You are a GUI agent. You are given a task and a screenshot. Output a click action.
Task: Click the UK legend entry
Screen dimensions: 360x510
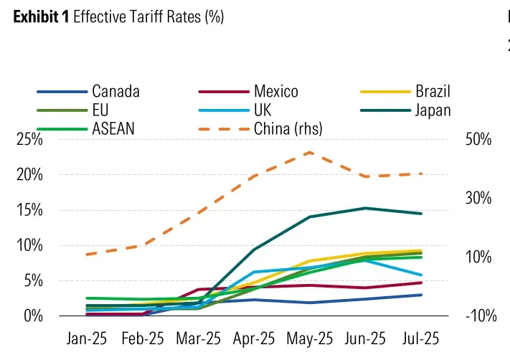pos(263,110)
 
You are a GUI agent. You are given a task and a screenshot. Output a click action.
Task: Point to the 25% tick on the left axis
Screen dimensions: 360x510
pos(29,140)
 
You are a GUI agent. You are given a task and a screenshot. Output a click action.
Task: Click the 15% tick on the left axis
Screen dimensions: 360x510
pos(29,210)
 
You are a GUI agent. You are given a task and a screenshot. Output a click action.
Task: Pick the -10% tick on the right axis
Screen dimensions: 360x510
pos(479,316)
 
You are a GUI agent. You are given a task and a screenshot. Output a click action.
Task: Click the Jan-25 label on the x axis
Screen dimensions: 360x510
pos(87,337)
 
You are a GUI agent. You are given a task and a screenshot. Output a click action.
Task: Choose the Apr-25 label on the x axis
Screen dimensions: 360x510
pos(254,337)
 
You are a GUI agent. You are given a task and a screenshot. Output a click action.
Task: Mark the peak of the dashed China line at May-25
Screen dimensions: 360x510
pos(310,152)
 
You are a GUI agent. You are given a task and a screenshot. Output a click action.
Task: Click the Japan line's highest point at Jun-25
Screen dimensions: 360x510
pos(366,208)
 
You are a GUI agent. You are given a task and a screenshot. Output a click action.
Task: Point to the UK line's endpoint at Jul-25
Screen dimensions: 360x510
pos(421,275)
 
